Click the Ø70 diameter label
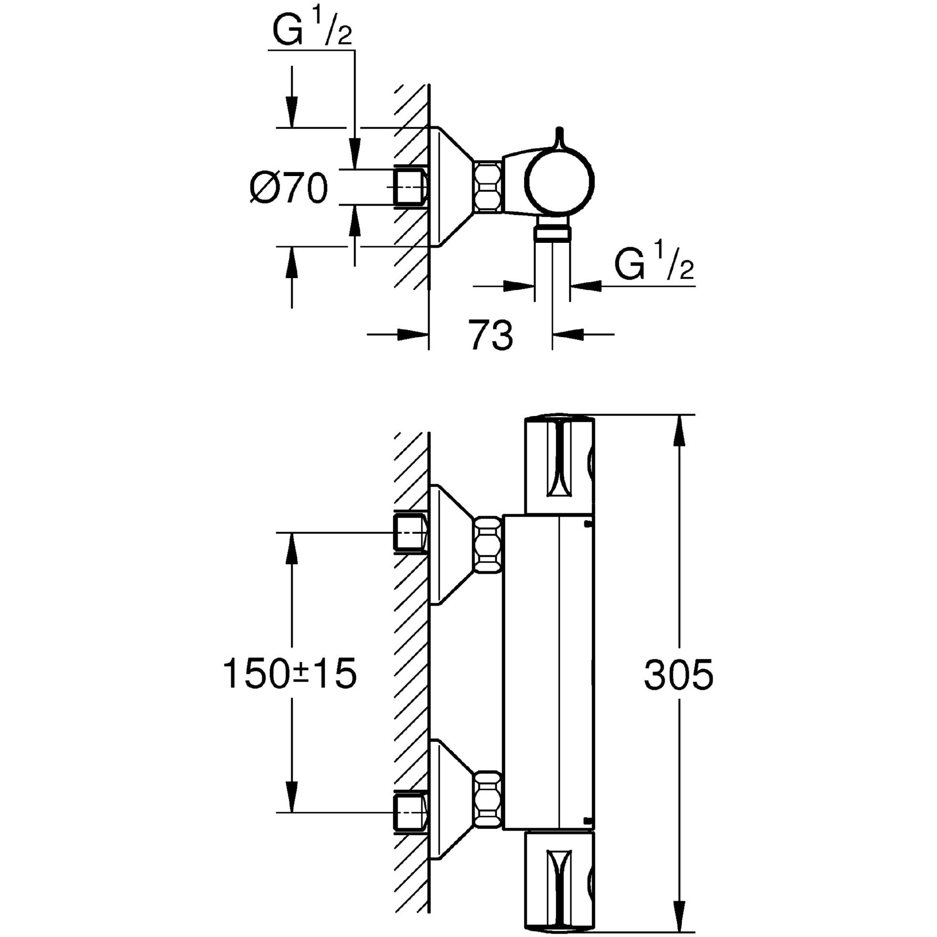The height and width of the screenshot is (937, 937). pyautogui.click(x=289, y=188)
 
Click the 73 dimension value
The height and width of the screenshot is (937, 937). pyautogui.click(x=491, y=336)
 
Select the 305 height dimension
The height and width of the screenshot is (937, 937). pyautogui.click(x=679, y=675)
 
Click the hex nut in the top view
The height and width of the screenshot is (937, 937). pyautogui.click(x=488, y=187)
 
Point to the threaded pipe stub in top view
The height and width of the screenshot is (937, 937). pyautogui.click(x=409, y=188)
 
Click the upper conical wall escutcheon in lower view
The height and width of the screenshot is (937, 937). pyautogui.click(x=448, y=545)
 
